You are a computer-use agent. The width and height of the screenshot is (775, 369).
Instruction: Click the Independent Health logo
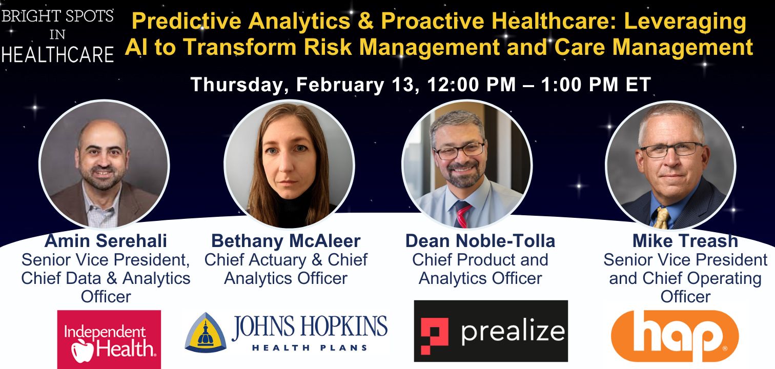coord(109,339)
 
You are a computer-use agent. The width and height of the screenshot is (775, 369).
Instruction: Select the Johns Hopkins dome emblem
coord(206,333)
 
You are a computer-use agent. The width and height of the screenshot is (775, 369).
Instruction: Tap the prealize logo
coord(491,331)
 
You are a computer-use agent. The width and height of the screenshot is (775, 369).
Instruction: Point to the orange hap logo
coord(675,336)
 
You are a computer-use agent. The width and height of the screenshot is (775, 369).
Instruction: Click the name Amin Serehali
coord(106,241)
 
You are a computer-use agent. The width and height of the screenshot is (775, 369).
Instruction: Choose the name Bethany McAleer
coord(286,241)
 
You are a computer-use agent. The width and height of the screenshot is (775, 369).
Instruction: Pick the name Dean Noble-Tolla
coord(480,241)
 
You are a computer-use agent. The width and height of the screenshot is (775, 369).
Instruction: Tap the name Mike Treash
coord(685,241)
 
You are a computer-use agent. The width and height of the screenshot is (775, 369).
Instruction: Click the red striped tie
coord(462,214)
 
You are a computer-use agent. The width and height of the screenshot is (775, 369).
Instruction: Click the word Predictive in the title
coord(186,21)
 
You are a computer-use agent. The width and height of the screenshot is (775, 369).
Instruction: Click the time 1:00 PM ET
coord(596,85)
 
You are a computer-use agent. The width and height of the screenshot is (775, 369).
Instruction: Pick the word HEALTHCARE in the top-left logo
coord(57,54)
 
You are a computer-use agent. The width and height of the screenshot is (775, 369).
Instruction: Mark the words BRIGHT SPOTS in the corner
coord(57,16)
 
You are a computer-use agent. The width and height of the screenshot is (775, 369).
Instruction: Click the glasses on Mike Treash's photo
coord(671,150)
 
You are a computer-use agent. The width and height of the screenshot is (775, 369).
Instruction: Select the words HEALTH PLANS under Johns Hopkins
coord(310,347)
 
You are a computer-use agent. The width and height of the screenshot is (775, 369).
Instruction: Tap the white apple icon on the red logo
coord(83,351)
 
